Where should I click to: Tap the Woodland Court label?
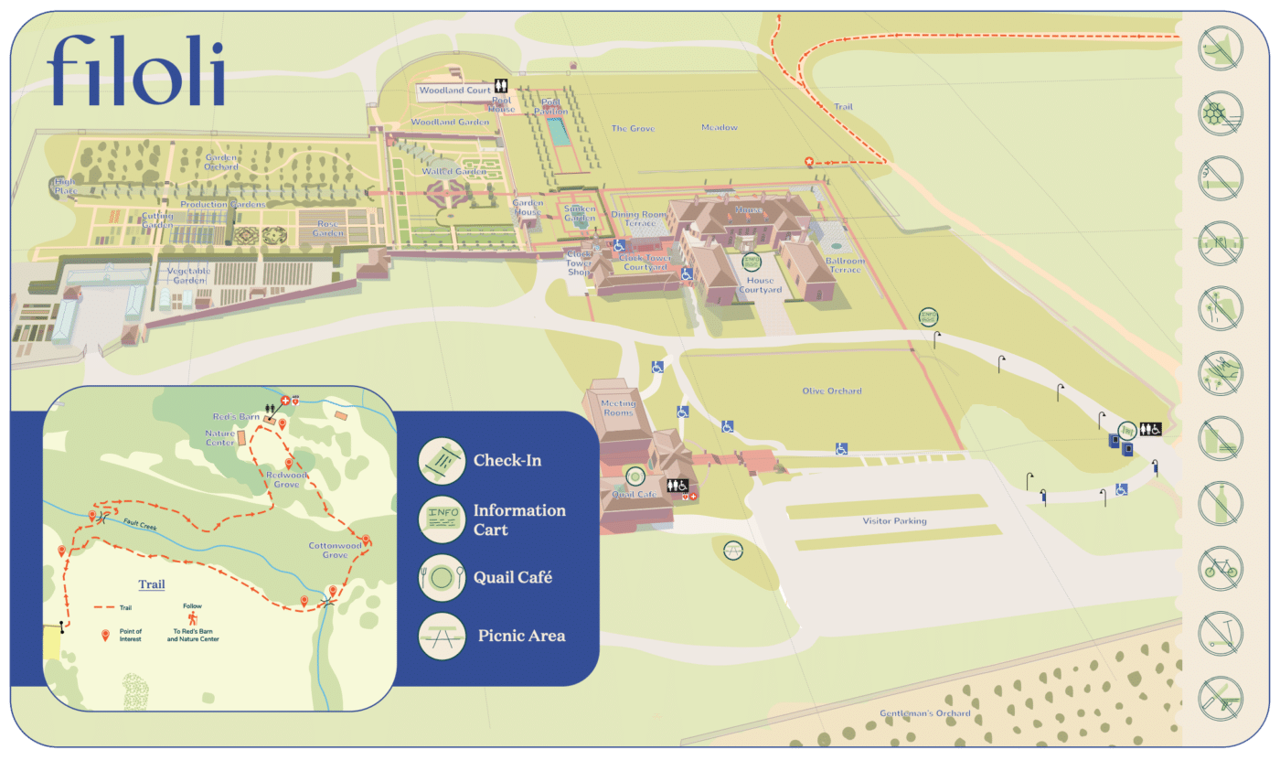click(x=454, y=91)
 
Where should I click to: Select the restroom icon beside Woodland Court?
click(x=500, y=84)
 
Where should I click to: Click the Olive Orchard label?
click(x=832, y=391)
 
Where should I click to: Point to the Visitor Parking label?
click(x=894, y=521)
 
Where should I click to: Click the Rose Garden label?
click(x=329, y=228)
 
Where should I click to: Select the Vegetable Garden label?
click(x=188, y=275)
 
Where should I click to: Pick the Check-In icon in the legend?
click(x=442, y=460)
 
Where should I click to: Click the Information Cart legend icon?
click(x=442, y=519)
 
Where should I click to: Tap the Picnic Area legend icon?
click(x=442, y=635)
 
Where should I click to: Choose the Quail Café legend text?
click(x=512, y=578)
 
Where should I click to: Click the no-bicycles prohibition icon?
click(x=1221, y=568)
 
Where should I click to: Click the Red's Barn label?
click(x=235, y=417)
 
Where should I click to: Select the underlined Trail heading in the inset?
click(x=152, y=584)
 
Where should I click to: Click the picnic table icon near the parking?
click(x=732, y=550)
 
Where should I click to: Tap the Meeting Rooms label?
click(x=618, y=408)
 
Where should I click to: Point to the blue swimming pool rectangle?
click(x=557, y=132)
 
